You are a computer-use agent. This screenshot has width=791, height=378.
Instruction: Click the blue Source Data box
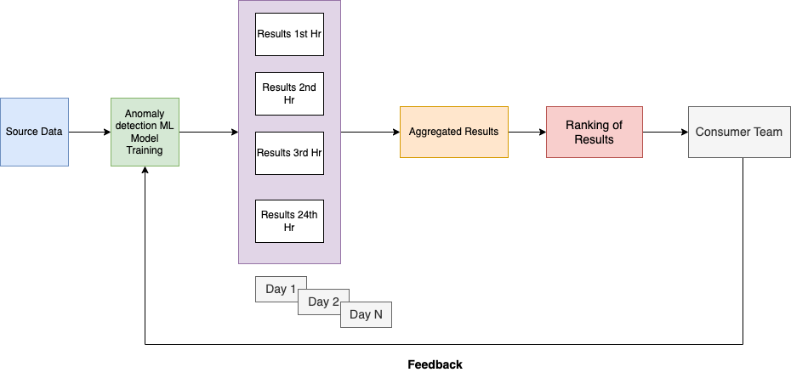coord(34,132)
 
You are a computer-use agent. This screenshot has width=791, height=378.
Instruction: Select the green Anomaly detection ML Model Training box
coord(145,132)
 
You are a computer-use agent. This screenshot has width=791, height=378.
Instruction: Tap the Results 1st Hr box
coord(289,34)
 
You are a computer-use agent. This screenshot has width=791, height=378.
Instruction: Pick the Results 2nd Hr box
coord(289,93)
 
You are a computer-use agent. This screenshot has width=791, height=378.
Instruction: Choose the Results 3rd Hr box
coord(289,153)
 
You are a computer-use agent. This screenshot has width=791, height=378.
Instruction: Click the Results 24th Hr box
coord(289,221)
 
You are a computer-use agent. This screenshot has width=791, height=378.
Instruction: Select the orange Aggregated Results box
coord(453,132)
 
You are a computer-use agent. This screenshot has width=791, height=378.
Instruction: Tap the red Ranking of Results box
coord(594,132)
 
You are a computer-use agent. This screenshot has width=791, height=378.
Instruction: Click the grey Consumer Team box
coord(738,132)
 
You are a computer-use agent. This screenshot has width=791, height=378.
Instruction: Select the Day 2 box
coord(324,302)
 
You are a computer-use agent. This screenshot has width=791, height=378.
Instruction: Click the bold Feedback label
coord(435,364)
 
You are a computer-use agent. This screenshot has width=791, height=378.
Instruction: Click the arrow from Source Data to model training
coord(89,132)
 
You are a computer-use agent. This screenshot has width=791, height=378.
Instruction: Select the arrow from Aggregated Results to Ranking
coord(527,132)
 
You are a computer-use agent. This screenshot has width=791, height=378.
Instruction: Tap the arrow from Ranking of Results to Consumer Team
coord(665,132)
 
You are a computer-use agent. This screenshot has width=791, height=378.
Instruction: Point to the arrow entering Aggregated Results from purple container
coord(370,132)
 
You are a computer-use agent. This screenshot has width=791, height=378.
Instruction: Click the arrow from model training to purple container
coord(208,132)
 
